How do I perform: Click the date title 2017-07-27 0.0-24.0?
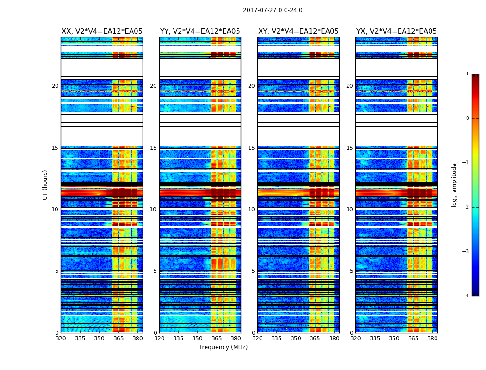point(273,10)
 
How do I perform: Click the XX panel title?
point(102,31)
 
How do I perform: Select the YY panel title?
point(200,31)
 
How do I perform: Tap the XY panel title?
point(299,31)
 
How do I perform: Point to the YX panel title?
point(397,31)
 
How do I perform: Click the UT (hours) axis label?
point(45,185)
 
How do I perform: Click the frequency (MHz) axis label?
point(224,347)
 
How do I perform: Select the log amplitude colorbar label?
point(455,185)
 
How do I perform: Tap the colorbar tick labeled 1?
point(467,74)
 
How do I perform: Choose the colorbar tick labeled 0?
point(467,118)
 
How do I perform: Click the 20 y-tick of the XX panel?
point(55,86)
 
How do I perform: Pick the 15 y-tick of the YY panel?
point(153,148)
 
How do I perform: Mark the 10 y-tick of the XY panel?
point(251,210)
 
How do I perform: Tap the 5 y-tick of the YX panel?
point(351,271)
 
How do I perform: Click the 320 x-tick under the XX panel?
point(61,339)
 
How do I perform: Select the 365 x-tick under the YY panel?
point(217,339)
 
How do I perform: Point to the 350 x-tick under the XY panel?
point(296,339)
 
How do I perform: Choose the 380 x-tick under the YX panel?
point(432,339)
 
